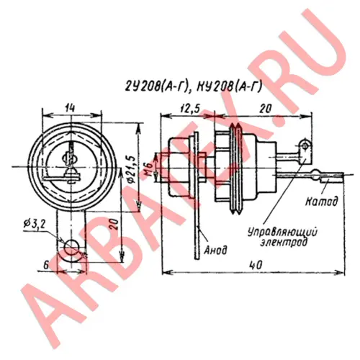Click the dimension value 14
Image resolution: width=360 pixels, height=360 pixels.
point(70,108)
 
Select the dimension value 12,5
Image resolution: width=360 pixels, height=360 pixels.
point(190,109)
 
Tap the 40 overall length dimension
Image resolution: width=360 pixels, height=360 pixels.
point(256,265)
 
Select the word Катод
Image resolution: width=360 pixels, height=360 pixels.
point(321,201)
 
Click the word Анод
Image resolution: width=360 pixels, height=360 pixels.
point(215,251)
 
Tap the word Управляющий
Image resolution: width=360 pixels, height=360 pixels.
point(282,233)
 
